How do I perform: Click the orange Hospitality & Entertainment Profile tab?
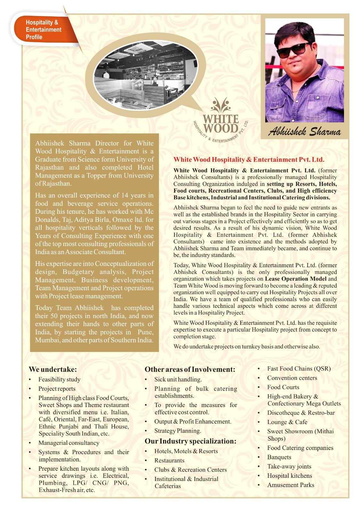(44, 30)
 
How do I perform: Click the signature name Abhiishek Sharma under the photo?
(304, 132)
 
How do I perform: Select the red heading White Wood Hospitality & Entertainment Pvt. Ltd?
(249, 159)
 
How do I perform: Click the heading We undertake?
(53, 369)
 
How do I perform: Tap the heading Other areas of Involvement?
(190, 369)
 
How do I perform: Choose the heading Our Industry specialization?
(190, 441)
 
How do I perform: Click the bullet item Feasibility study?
(59, 380)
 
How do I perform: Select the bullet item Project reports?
(57, 389)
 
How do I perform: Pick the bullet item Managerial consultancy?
(69, 443)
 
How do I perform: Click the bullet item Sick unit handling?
(178, 380)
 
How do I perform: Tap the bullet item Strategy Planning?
(178, 431)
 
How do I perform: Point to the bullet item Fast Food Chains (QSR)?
(299, 369)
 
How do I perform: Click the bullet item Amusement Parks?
(291, 485)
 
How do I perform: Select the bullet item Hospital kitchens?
(290, 476)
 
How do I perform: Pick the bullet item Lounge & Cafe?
(287, 422)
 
